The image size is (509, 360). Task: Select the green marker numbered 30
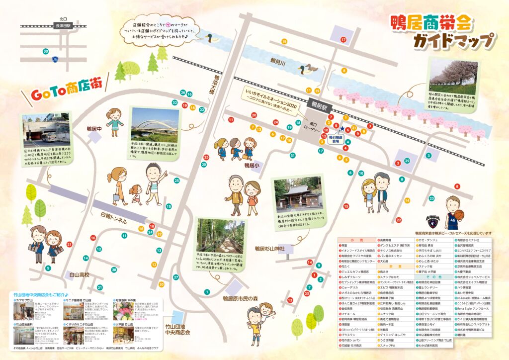[x=46, y=51]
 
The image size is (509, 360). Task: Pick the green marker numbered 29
[x=407, y=161]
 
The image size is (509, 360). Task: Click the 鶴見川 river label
[x=276, y=61]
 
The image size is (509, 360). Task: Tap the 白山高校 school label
[x=79, y=275]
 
